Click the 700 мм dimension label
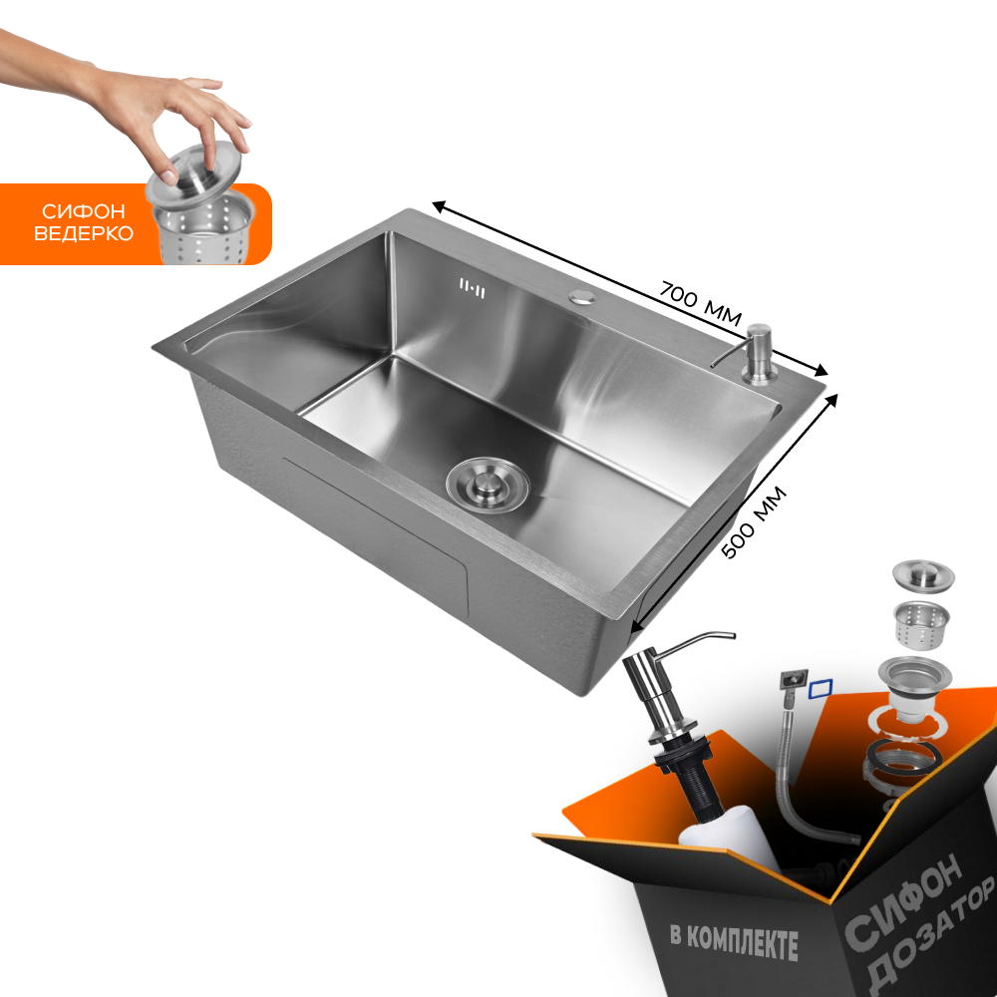[x=700, y=303]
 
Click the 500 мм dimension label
[x=755, y=522]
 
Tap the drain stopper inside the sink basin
[x=488, y=484]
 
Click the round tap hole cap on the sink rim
[x=581, y=296]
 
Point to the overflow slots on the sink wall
[x=472, y=288]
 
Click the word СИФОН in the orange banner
[x=84, y=211]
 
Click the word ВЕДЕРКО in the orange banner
[x=84, y=233]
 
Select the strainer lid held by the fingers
[x=193, y=170]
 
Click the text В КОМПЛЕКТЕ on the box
[x=734, y=941]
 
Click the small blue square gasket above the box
[x=821, y=689]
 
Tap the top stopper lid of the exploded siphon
[x=923, y=575]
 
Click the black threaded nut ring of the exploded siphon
[x=902, y=757]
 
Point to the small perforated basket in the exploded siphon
[x=921, y=624]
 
